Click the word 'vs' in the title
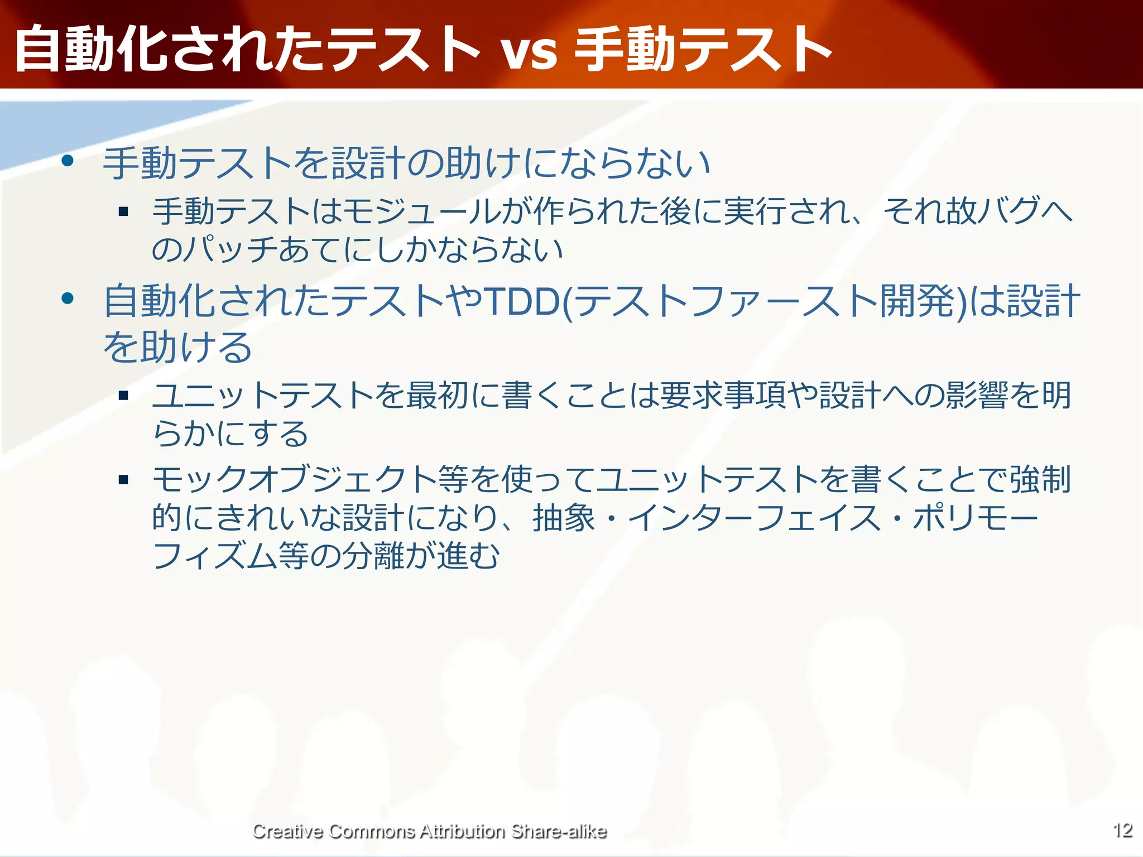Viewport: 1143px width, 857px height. point(529,51)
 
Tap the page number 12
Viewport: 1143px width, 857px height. point(1122,830)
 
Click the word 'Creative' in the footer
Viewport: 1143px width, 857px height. point(287,831)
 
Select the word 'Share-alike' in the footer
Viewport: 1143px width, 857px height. point(559,831)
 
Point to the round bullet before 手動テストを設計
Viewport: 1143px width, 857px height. point(68,161)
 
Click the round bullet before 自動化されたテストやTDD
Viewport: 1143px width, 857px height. point(68,298)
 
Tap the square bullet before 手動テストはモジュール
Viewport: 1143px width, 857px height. point(123,211)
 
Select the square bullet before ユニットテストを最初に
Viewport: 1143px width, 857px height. point(123,396)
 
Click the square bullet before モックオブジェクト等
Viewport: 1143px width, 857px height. point(123,479)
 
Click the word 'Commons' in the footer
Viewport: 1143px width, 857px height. point(372,831)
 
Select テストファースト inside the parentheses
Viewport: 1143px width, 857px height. point(726,301)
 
